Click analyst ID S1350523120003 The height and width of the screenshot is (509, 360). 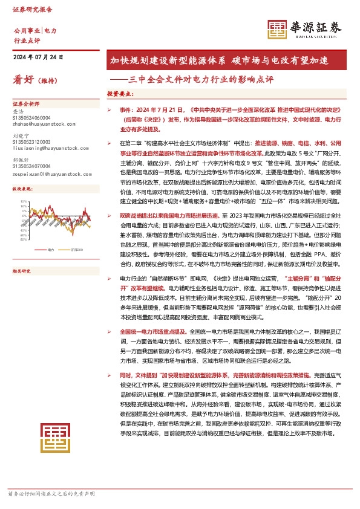31,142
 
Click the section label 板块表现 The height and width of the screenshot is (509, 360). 22,189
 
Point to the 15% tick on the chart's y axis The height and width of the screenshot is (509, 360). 24,201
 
